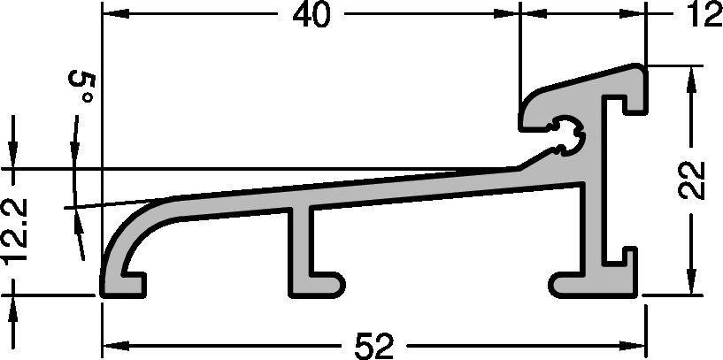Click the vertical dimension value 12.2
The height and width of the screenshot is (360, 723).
click(17, 232)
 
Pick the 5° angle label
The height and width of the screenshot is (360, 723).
click(82, 88)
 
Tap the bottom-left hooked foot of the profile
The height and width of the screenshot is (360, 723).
click(124, 279)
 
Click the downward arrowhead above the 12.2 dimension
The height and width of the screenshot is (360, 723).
click(13, 150)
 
